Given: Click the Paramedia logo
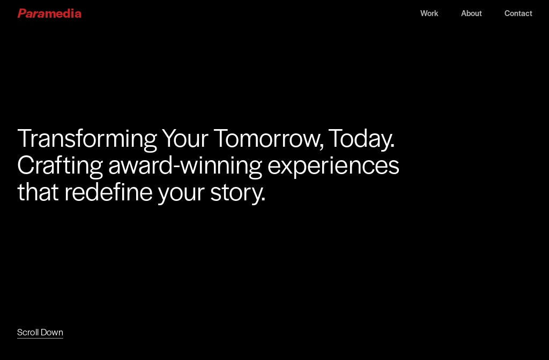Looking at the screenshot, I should point(49,13).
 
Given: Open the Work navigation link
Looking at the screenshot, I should point(429,13).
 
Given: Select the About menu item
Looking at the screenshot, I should point(471,13).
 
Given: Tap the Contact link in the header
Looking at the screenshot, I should point(518,13).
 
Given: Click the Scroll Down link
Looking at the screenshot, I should point(40,332).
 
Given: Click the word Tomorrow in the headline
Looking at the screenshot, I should point(269,138).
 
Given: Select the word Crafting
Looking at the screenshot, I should point(60,165).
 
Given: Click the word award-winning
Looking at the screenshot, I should point(185,165).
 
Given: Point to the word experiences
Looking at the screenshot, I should point(333,165).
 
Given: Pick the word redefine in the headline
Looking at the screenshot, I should point(108,192).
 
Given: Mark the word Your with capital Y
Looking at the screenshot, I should point(185,138).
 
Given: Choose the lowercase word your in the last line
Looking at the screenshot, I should point(181,192).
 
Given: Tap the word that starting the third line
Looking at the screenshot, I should point(38,192).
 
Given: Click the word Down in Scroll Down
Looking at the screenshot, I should point(52,332).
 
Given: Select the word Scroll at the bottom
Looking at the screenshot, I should point(28,332).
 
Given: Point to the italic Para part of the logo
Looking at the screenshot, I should point(31,13).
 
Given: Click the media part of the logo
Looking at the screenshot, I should point(63,13).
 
